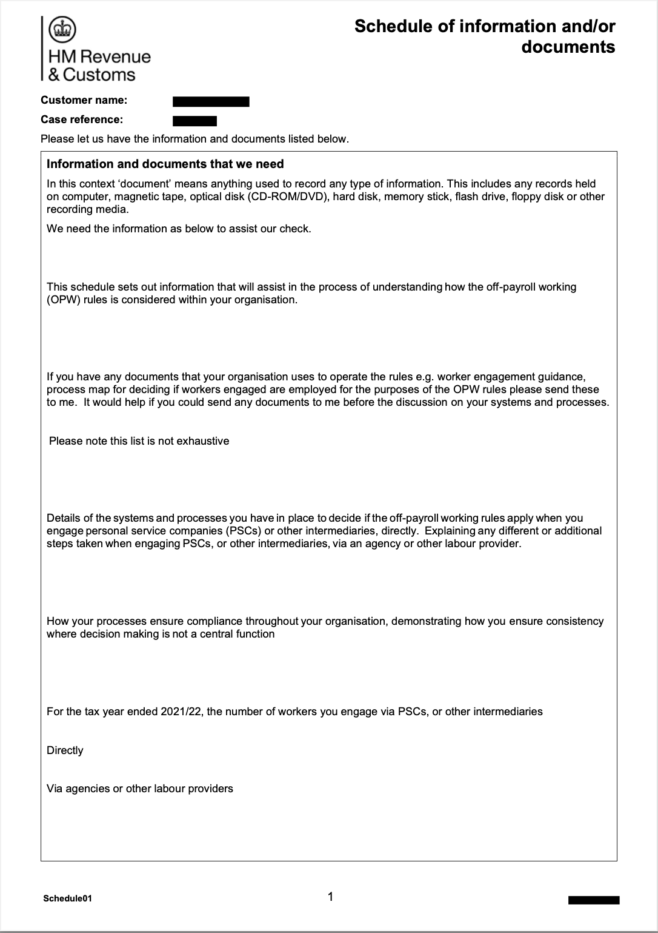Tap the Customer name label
84,100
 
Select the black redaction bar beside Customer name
211,101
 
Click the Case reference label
81,120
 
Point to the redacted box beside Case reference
194,120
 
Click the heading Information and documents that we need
165,164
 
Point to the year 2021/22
182,712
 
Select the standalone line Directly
65,750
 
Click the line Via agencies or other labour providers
139,789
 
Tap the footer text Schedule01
67,898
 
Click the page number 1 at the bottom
330,897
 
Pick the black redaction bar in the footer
593,900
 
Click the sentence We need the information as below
179,229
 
